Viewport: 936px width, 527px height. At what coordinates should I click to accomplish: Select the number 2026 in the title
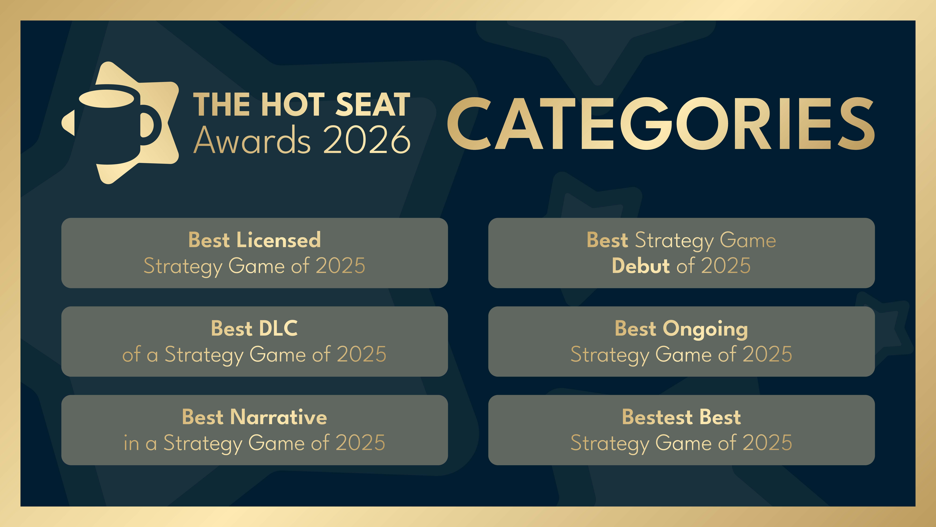(x=367, y=140)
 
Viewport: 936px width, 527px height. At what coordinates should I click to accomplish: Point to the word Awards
(x=252, y=140)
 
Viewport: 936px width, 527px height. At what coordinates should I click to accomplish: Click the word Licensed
(x=279, y=240)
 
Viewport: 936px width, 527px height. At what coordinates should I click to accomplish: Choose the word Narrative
(x=279, y=417)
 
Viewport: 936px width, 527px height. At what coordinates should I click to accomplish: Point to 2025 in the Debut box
(x=726, y=266)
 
